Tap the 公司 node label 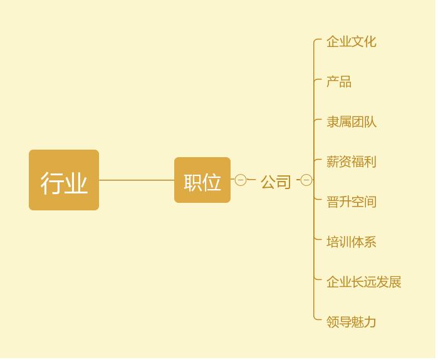[276, 182]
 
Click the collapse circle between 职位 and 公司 [241, 180]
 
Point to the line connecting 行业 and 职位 [137, 180]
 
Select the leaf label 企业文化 [351, 42]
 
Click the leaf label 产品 [339, 82]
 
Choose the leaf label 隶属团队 [351, 122]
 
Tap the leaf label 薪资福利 [351, 162]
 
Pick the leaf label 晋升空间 [351, 202]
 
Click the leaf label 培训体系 [351, 242]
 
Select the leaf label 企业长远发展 [363, 282]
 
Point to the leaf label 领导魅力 [351, 322]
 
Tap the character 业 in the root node [76, 183]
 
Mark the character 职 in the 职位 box [193, 182]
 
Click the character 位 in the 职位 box [212, 182]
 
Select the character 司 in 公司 [284, 182]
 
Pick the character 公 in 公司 [268, 182]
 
